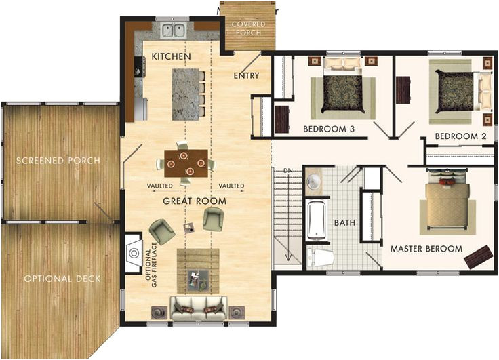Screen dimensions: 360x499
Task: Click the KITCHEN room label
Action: tap(171, 56)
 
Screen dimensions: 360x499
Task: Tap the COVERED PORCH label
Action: tap(248, 28)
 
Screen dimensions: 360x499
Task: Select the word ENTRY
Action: tap(246, 75)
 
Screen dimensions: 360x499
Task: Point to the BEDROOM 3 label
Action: tap(330, 128)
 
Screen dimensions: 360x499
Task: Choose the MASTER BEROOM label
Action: tap(426, 249)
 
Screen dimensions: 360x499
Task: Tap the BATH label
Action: tap(340, 222)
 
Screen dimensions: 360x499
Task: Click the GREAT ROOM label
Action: tap(195, 201)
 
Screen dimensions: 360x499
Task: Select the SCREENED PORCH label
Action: tap(58, 161)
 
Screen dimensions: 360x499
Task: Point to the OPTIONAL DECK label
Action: tap(62, 279)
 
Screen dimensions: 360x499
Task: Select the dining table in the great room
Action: tap(184, 163)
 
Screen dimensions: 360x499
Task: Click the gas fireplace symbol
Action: tap(133, 253)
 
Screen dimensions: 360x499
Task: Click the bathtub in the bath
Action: tap(317, 219)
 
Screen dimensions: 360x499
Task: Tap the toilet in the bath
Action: tap(320, 258)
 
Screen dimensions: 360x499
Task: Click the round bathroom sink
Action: tap(314, 182)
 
